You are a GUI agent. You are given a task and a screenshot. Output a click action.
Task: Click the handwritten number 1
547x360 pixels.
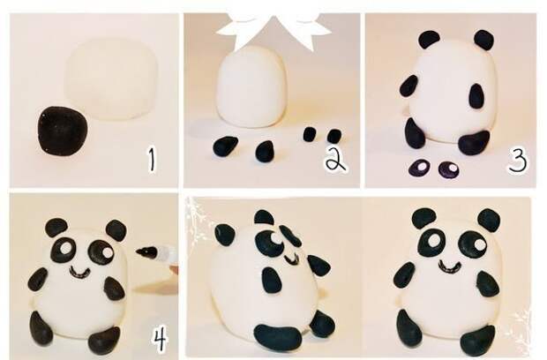[152, 159]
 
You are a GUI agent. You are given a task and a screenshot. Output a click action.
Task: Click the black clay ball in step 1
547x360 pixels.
[62, 131]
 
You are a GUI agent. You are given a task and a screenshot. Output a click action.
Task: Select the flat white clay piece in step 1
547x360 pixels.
[112, 79]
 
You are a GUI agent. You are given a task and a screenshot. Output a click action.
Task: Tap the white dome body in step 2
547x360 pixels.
[251, 87]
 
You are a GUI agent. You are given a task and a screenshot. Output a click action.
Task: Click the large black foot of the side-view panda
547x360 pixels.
[278, 337]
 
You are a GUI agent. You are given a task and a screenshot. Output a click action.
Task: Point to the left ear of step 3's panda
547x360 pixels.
[430, 39]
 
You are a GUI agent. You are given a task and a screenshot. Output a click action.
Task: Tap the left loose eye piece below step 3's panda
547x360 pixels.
[420, 168]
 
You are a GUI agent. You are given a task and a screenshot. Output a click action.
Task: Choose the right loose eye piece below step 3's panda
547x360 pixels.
[448, 169]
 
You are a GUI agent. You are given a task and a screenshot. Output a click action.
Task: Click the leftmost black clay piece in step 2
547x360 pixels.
[225, 146]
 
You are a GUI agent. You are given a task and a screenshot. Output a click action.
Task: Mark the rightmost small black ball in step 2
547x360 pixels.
[334, 135]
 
